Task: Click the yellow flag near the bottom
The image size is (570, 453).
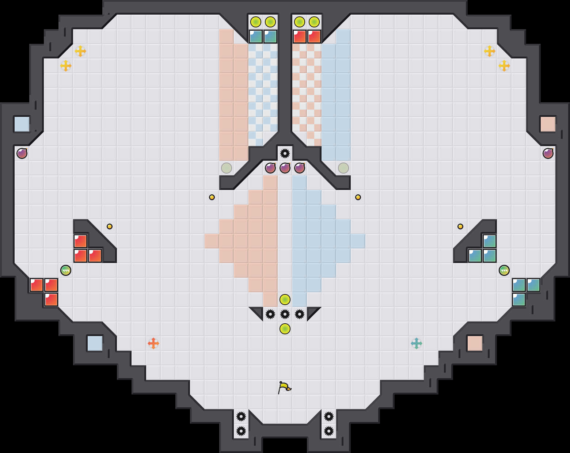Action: (284, 387)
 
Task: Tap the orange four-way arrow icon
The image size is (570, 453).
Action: (153, 343)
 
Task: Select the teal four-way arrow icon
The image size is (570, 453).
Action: (417, 343)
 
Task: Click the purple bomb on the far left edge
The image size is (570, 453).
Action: (22, 153)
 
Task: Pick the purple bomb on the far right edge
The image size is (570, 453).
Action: (548, 153)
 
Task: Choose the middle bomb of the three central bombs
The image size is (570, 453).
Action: (285, 168)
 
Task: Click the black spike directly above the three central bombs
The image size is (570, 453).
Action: (285, 153)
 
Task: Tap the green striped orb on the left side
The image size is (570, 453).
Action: (66, 270)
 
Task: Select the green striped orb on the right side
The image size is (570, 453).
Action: (504, 270)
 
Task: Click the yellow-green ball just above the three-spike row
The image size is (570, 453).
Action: (285, 300)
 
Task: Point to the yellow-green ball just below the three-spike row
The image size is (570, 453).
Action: (285, 329)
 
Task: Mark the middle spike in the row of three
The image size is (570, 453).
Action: (285, 314)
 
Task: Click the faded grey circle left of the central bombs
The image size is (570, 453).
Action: (227, 168)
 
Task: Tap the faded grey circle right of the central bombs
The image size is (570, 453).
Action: (343, 168)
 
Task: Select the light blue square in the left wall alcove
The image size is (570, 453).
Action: (22, 124)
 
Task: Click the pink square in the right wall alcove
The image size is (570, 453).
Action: (548, 124)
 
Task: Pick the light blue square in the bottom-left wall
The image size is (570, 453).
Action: (95, 343)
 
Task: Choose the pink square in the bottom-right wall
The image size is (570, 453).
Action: (475, 343)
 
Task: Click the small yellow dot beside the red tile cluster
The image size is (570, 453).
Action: (110, 226)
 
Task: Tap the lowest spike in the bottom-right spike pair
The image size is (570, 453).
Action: (329, 431)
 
